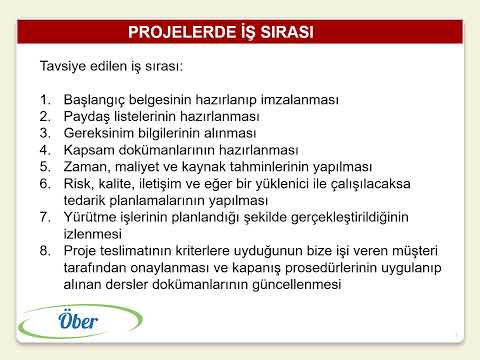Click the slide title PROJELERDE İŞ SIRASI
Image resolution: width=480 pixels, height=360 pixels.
point(221,32)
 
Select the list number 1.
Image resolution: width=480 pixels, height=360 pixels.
point(45,100)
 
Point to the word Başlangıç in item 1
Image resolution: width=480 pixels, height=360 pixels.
point(98,100)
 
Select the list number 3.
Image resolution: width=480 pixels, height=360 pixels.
point(45,134)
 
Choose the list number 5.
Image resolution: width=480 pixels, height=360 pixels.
point(45,168)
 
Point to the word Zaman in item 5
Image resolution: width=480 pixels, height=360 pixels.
point(88,168)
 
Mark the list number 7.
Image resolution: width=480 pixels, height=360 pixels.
point(45,217)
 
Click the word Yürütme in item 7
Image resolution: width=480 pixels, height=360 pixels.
point(92,217)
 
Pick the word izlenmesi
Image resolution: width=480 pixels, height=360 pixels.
point(96,233)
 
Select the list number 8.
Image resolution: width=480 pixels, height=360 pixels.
point(45,250)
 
